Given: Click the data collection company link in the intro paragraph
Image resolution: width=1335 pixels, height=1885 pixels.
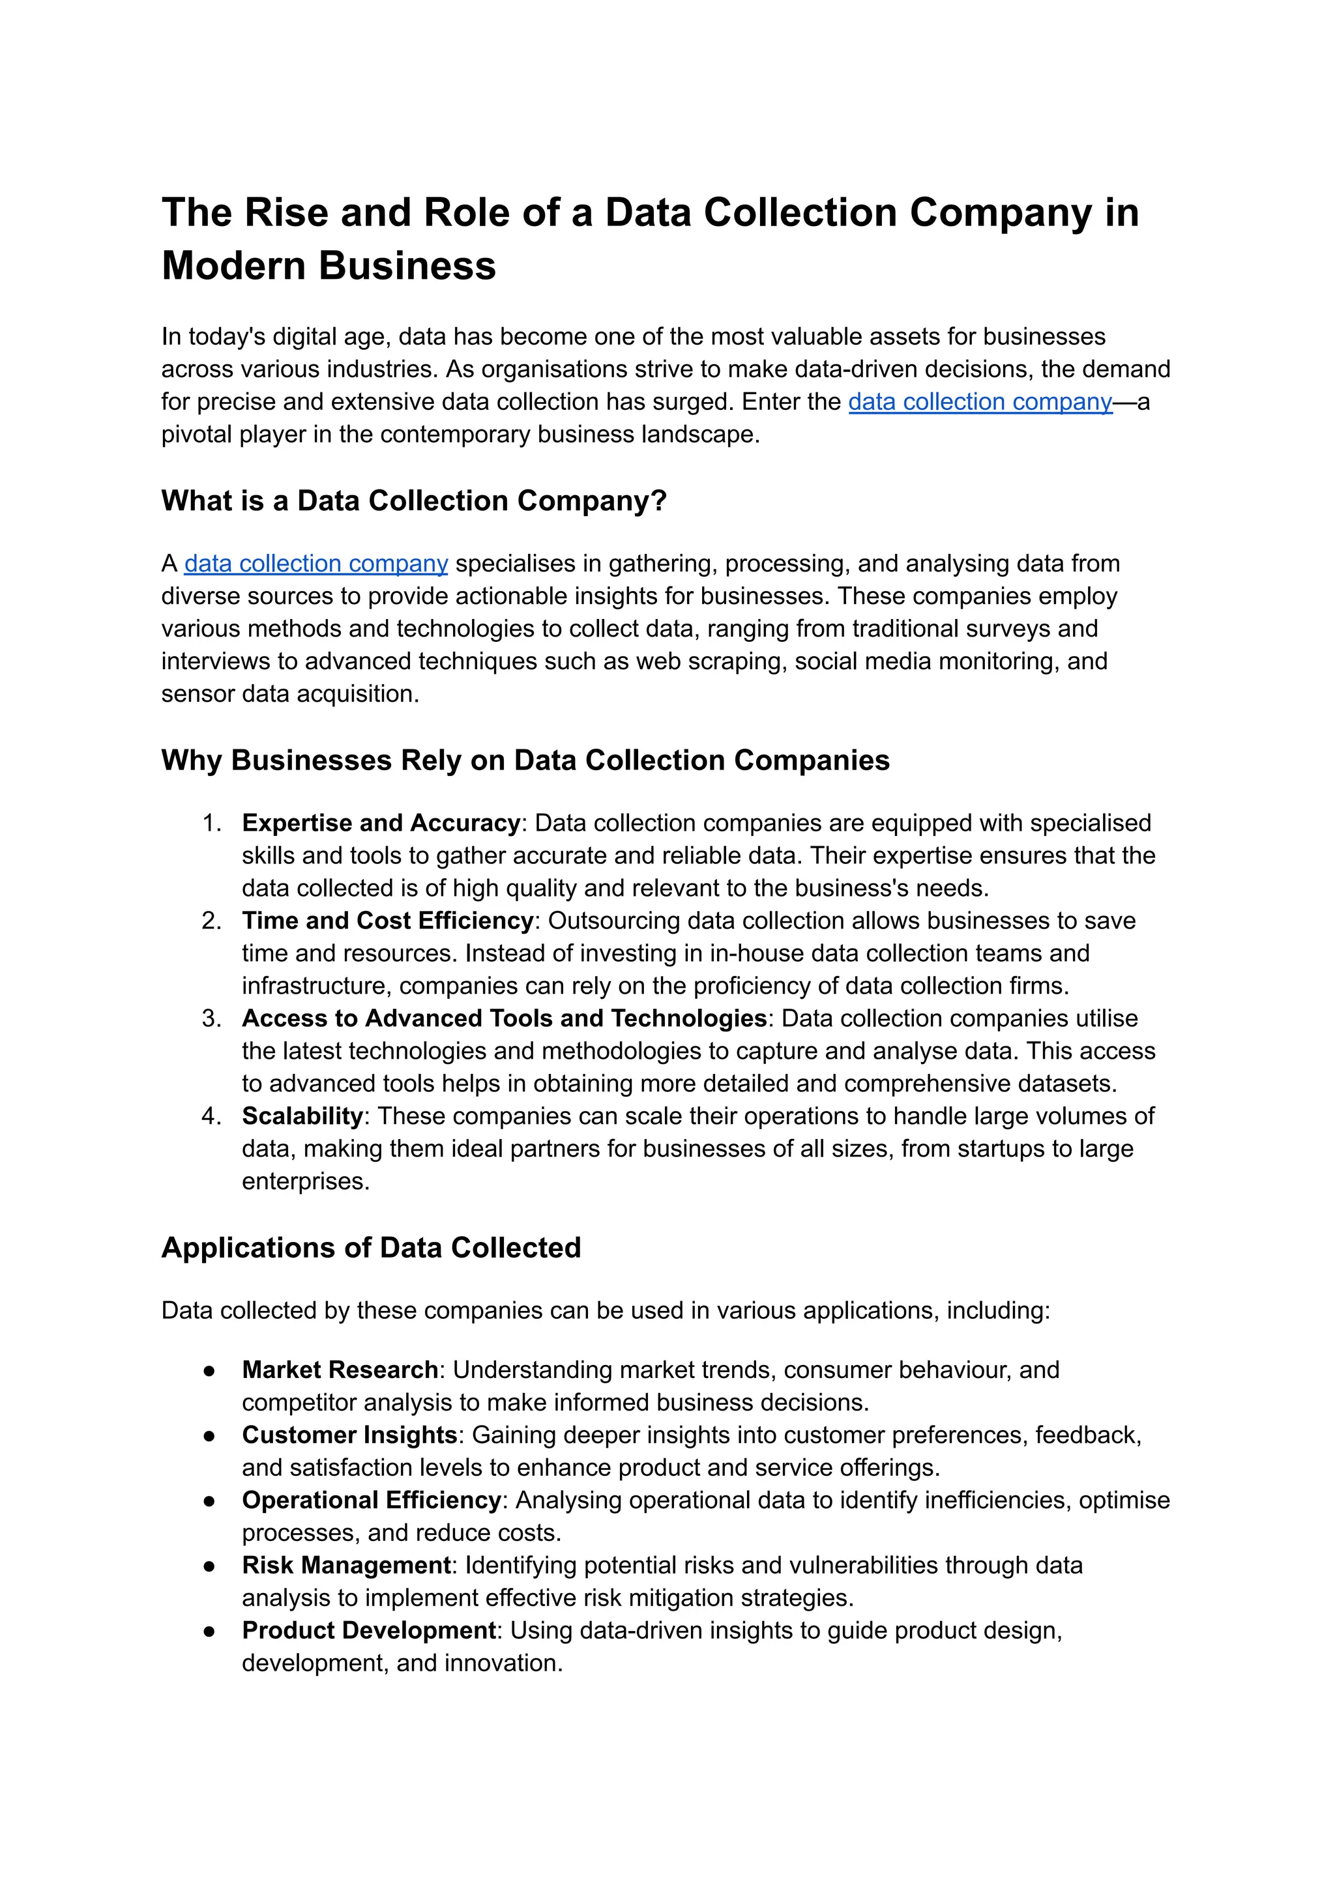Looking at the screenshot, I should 980,402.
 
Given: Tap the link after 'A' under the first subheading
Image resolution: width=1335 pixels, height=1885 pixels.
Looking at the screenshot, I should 315,564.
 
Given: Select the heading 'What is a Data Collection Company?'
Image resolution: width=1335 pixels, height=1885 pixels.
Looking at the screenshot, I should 413,500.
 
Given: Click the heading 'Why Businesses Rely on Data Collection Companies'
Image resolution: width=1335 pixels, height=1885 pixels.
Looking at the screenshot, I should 525,760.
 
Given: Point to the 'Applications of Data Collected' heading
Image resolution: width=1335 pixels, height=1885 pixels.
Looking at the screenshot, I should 371,1247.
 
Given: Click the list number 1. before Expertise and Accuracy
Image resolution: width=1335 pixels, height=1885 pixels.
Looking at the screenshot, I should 211,824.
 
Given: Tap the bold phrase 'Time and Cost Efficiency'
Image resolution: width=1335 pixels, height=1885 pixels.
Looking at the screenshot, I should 388,920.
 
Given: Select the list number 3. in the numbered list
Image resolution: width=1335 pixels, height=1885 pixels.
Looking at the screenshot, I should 211,1019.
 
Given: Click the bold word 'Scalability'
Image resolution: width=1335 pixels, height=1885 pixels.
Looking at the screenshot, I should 302,1116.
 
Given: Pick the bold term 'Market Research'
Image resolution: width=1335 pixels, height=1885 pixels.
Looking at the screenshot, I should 340,1370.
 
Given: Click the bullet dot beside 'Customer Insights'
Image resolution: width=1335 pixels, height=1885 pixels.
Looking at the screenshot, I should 210,1435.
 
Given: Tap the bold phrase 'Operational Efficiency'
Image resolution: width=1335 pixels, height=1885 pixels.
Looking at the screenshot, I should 372,1501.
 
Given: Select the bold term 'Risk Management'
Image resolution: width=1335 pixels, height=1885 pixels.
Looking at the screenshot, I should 346,1565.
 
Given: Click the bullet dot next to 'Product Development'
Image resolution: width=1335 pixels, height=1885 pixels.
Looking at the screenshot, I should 210,1631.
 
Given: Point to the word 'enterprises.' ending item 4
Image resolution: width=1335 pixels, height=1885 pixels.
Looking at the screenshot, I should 305,1181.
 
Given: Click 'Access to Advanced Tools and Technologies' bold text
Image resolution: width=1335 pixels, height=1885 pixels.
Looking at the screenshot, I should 504,1019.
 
